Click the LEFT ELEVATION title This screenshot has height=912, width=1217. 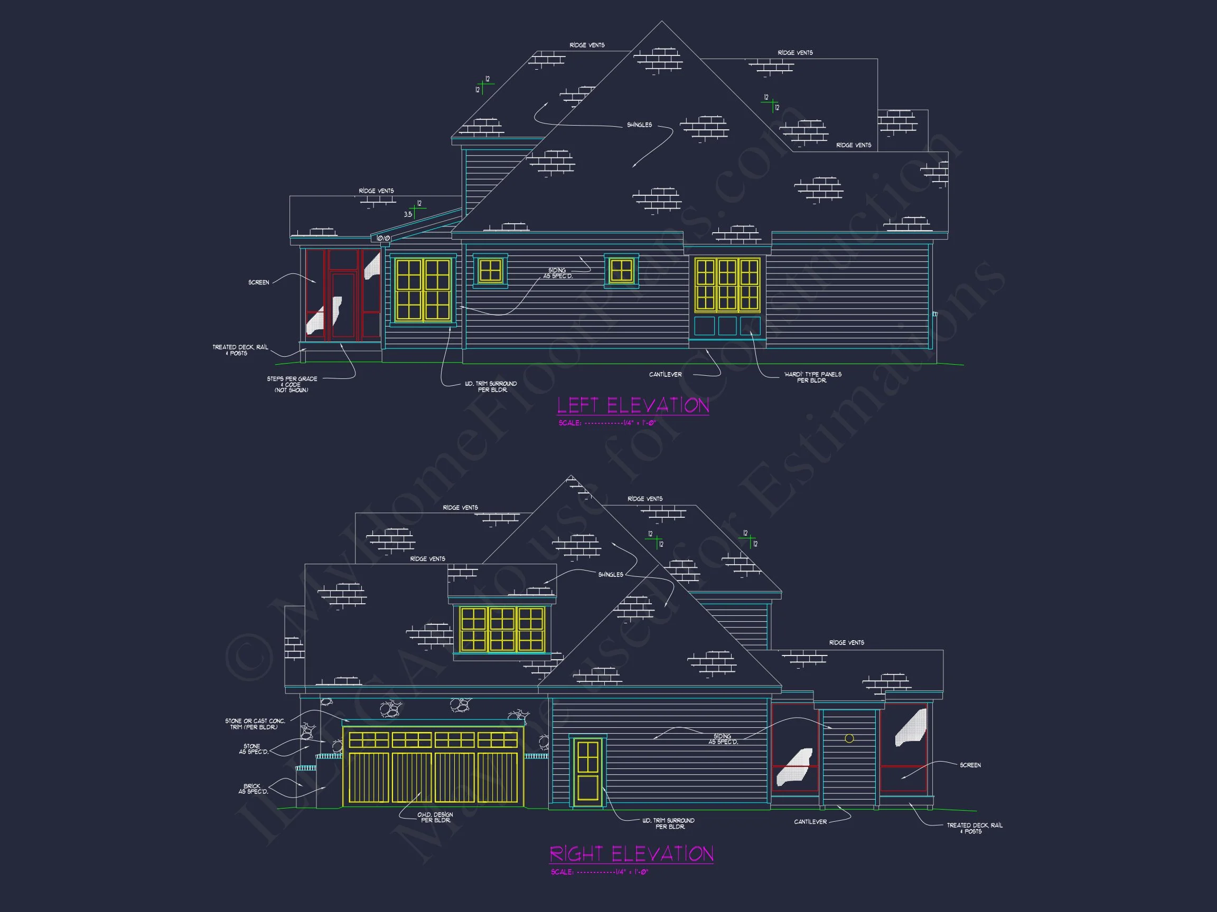click(x=633, y=405)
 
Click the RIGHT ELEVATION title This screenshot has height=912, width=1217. click(x=631, y=854)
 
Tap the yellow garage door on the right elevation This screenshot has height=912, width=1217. click(x=433, y=766)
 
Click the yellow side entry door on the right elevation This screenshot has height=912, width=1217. click(x=587, y=772)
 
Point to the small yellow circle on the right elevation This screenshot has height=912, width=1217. click(x=849, y=738)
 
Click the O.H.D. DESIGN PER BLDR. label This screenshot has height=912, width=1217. click(x=435, y=817)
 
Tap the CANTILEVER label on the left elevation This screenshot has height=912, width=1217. click(x=665, y=374)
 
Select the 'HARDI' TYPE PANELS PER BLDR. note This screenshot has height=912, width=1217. click(x=812, y=377)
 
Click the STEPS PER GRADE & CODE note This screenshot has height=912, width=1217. click(x=292, y=384)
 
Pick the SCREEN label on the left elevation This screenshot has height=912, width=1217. click(x=259, y=282)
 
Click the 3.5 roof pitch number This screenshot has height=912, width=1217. click(x=408, y=214)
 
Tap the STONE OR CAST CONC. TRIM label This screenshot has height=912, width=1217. click(x=255, y=724)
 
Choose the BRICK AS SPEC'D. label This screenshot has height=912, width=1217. click(x=253, y=789)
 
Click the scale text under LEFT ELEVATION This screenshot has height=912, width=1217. click(x=607, y=423)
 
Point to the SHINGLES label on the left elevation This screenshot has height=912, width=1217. click(x=639, y=125)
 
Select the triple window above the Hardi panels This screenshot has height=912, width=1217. click(x=727, y=285)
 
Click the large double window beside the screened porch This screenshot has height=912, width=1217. click(x=423, y=290)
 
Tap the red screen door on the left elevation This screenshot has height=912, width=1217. click(x=342, y=305)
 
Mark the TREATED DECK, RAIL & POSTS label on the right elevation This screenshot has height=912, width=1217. click(x=974, y=828)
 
